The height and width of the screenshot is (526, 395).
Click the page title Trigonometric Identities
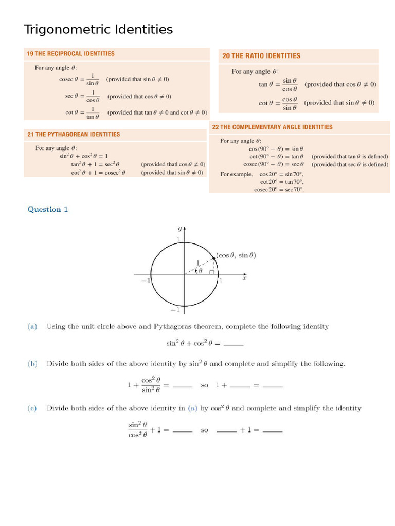98,30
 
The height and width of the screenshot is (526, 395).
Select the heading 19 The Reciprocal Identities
70,54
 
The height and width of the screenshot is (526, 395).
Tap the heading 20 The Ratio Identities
261,56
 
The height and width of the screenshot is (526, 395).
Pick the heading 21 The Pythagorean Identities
74,134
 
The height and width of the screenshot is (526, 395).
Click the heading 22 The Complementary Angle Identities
272,127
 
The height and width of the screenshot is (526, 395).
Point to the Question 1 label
48,209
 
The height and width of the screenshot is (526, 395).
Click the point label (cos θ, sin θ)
236,255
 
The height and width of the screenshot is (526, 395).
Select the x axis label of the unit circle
244,278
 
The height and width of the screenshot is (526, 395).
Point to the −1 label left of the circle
145,280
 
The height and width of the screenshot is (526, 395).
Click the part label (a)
32,326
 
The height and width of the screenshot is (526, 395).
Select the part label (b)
32,364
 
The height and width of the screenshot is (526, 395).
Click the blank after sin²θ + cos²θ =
234,344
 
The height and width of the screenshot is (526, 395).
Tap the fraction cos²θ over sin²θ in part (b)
151,385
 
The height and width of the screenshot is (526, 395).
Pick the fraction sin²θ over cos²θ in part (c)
138,430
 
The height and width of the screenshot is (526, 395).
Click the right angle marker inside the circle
211,272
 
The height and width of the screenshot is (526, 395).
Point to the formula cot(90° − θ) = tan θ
276,156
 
